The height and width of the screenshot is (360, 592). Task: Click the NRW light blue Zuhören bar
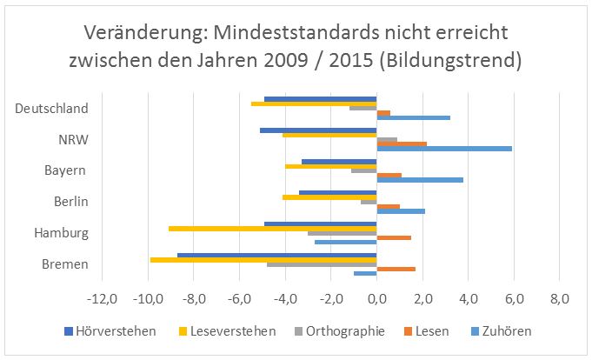point(444,149)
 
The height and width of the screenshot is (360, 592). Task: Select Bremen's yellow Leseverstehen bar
point(263,259)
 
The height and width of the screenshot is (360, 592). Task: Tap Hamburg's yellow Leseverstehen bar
point(272,228)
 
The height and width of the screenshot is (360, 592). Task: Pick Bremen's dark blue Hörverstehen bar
point(276,255)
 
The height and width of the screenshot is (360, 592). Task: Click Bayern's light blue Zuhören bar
point(420,180)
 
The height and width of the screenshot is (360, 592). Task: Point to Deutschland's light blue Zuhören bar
point(413,117)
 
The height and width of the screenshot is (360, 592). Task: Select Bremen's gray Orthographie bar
point(322,263)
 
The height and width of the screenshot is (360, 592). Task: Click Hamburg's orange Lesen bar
point(394,237)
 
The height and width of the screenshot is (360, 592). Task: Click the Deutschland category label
point(52,109)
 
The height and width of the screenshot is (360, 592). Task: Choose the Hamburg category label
point(61,233)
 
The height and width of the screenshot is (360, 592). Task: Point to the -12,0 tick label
point(102,300)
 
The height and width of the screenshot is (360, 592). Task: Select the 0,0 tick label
point(376,300)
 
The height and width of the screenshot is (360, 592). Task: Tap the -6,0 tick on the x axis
point(239,300)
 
